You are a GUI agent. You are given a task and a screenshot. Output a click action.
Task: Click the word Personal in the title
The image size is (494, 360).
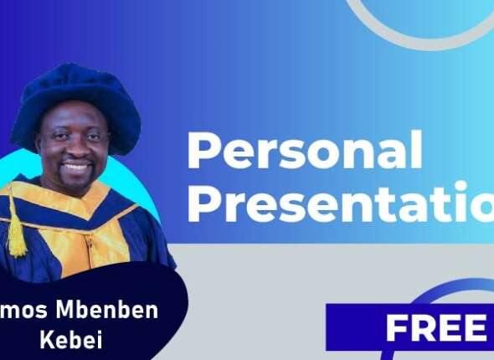(304, 152)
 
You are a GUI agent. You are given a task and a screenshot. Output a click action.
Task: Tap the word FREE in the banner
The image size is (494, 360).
(435, 329)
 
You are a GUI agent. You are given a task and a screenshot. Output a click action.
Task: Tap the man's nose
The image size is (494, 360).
(75, 149)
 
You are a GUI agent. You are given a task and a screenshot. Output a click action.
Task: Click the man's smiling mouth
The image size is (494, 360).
(76, 169)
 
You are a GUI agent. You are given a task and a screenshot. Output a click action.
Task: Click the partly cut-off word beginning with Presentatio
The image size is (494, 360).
(340, 204)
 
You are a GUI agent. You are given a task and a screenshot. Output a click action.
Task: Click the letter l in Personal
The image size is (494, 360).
(416, 151)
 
